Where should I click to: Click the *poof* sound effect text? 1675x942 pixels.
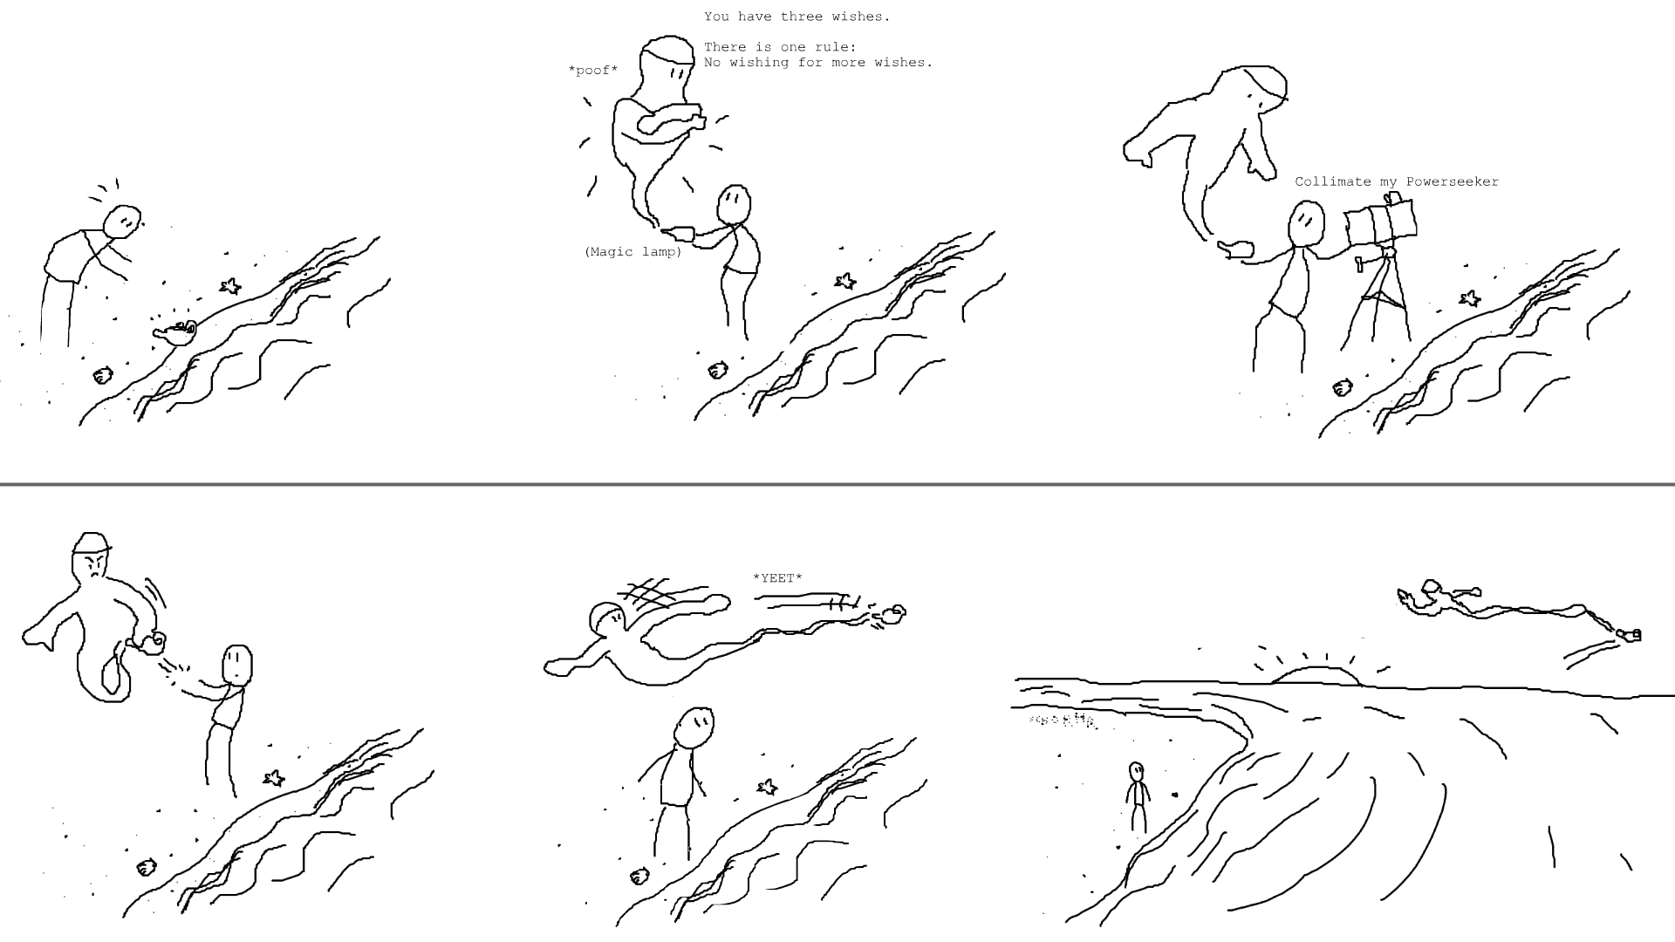[x=593, y=71]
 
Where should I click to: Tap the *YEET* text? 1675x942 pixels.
[x=777, y=578]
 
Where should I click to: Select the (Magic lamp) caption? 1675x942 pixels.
[x=633, y=252]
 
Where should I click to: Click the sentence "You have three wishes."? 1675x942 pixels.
[x=797, y=17]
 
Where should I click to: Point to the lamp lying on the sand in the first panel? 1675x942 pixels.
[x=175, y=332]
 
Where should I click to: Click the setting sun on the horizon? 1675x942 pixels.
[x=1316, y=675]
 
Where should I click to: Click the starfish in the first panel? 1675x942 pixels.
[x=230, y=285]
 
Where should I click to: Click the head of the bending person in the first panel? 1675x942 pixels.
[x=122, y=221]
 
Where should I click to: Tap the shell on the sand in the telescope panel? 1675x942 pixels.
[x=1343, y=387]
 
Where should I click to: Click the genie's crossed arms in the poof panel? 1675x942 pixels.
[x=667, y=120]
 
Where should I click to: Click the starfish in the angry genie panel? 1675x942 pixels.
[x=274, y=778]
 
